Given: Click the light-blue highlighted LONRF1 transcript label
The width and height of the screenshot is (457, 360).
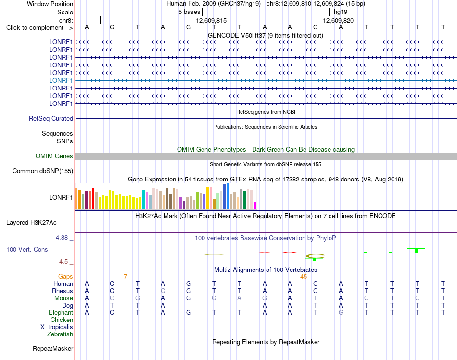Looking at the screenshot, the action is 61,80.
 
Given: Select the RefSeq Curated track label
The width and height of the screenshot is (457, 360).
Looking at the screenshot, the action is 51,119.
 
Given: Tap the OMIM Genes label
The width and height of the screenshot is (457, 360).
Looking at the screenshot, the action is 54,156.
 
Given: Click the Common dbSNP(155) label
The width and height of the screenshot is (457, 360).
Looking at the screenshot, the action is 43,171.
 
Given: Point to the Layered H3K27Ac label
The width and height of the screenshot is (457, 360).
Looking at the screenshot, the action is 31,223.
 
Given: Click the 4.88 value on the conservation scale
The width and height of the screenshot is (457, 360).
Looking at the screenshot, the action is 62,238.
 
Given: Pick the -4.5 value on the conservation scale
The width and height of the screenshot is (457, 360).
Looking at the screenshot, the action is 63,262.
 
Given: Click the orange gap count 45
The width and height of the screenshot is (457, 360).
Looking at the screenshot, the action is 304,277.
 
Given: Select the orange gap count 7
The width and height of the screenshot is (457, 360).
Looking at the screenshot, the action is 126,277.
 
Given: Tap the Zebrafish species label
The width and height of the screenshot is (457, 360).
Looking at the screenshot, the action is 60,334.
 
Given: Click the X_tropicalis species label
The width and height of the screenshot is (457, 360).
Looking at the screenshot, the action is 57,327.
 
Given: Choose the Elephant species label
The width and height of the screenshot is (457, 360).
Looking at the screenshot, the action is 61,313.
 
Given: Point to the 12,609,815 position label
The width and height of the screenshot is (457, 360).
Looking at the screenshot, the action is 211,20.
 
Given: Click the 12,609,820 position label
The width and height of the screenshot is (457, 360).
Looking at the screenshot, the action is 338,20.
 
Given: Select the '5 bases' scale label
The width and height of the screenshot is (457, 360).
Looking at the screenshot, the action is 190,12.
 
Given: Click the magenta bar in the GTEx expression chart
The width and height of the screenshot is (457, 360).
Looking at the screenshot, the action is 255,206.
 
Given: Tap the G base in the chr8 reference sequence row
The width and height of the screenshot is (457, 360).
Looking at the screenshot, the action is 189,27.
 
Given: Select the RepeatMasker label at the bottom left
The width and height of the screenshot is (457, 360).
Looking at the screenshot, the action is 53,349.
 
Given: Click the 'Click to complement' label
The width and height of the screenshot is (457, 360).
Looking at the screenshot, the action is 39,28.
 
